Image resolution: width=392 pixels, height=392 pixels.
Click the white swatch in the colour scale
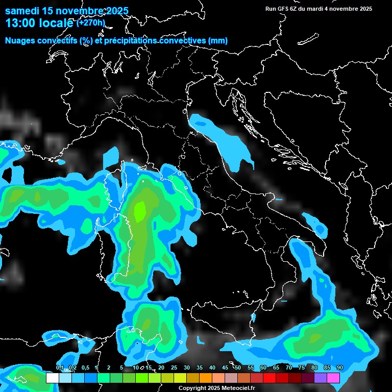52,378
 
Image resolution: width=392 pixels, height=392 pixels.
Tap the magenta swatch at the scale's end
333,378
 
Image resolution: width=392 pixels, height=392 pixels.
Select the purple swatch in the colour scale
321,378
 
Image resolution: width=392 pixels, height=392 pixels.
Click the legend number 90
340,368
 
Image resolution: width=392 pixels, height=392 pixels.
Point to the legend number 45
225,368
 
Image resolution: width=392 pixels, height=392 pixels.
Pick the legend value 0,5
85,368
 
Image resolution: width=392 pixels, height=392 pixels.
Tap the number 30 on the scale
187,368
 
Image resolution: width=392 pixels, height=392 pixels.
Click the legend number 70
289,368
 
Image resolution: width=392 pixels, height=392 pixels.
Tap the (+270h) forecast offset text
91,23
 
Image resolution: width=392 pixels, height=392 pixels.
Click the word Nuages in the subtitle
19,41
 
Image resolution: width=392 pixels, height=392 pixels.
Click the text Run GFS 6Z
282,9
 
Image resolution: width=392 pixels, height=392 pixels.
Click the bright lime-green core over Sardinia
139,209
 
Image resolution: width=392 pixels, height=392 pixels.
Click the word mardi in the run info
322,9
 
